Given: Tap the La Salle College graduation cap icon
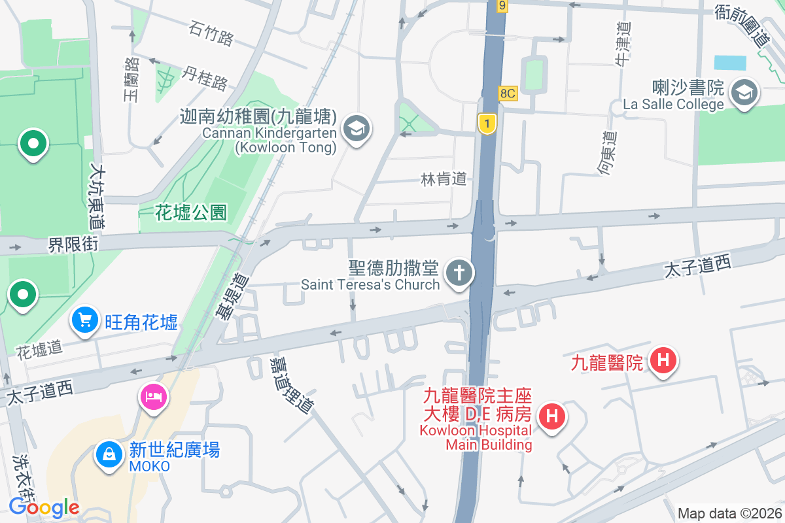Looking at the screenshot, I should (x=744, y=92).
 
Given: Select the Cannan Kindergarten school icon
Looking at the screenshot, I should (x=357, y=128).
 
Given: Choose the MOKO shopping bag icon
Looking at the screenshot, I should (x=109, y=454).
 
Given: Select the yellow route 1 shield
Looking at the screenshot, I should (x=485, y=123).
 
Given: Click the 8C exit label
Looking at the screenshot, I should (x=508, y=93).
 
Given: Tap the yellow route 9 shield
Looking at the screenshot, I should (x=502, y=6).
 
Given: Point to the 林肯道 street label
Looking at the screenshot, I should (x=444, y=178).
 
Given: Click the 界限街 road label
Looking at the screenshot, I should (x=73, y=245).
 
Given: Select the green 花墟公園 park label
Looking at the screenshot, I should (x=191, y=212).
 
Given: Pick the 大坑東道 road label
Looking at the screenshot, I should (x=101, y=196).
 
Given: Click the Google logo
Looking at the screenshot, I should (x=44, y=507).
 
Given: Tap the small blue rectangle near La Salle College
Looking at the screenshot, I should (x=730, y=63).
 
